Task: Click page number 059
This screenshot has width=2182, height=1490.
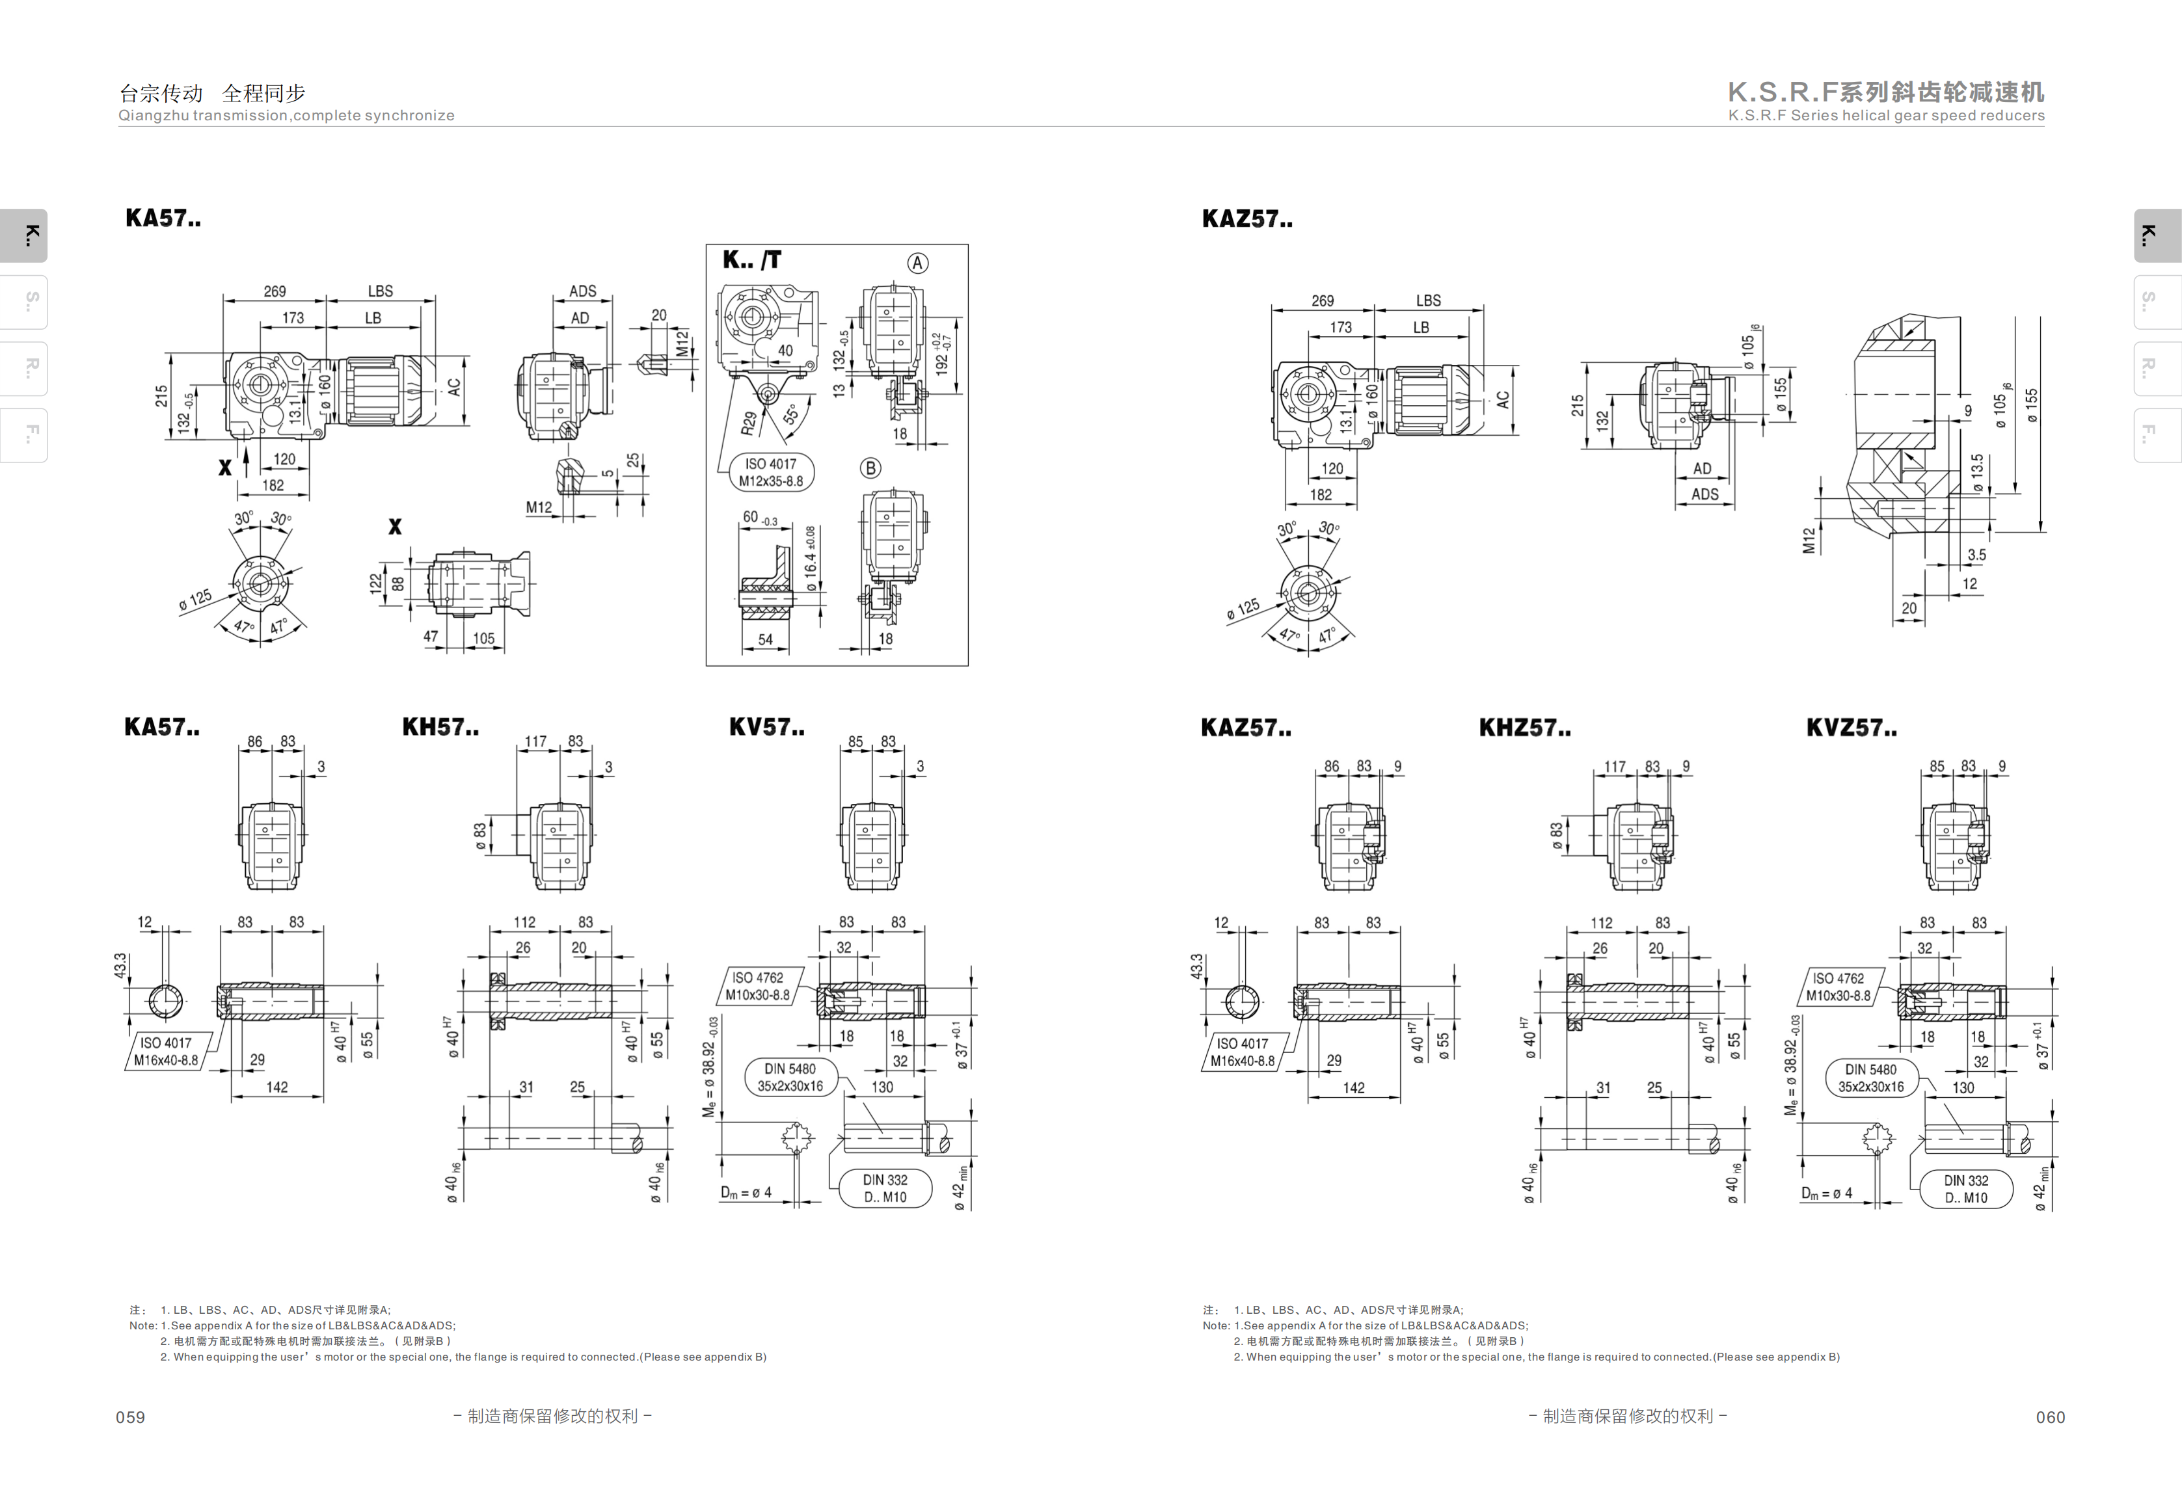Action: point(131,1417)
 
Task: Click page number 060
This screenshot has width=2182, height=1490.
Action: point(2051,1417)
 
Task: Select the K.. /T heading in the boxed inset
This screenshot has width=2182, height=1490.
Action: point(751,260)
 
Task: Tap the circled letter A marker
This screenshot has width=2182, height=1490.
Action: point(917,263)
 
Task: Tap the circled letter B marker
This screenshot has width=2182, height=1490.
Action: point(870,468)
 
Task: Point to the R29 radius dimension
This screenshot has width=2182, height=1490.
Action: point(748,423)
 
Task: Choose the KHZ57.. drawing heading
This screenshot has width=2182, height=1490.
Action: point(1525,728)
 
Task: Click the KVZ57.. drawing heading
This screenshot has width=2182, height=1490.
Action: point(1852,728)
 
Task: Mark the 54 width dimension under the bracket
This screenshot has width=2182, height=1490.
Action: point(765,639)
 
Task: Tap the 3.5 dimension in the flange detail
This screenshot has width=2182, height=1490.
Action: point(1976,555)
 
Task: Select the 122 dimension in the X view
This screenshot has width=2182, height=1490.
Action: point(375,583)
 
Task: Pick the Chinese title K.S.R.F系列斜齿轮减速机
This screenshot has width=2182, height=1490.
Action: point(1886,92)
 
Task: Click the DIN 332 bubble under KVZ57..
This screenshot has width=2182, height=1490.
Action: point(1966,1189)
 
